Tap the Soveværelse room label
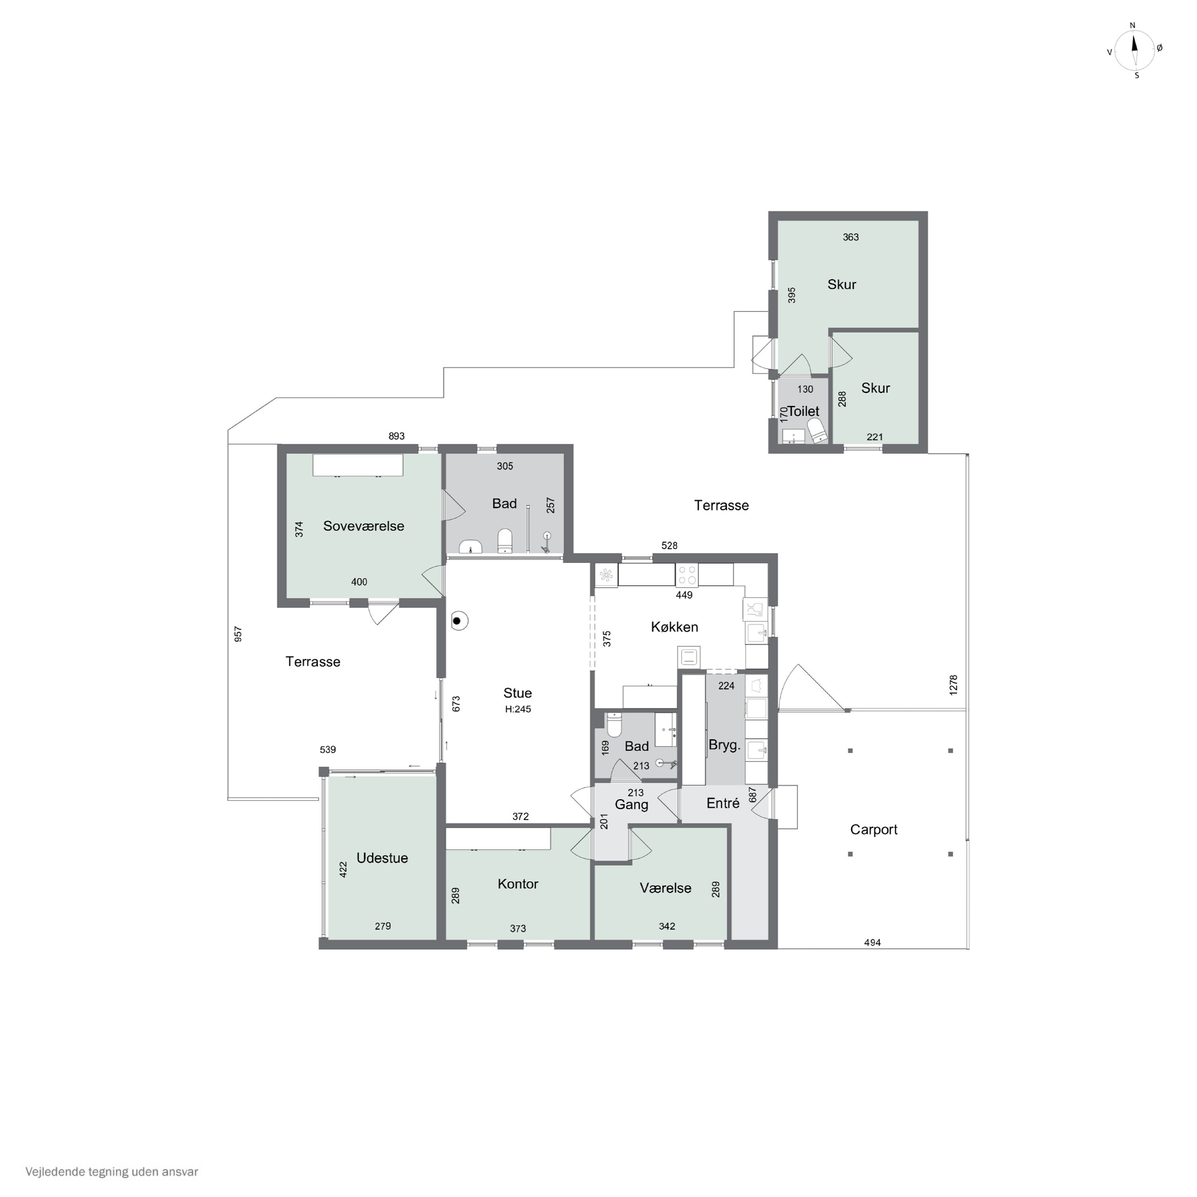363,526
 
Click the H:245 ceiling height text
518,709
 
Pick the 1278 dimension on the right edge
954,685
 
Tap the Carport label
873,830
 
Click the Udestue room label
382,858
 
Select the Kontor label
518,884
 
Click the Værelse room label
666,888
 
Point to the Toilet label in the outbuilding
804,411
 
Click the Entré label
723,804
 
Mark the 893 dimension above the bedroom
397,436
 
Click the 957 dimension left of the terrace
238,634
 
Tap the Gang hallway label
631,805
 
